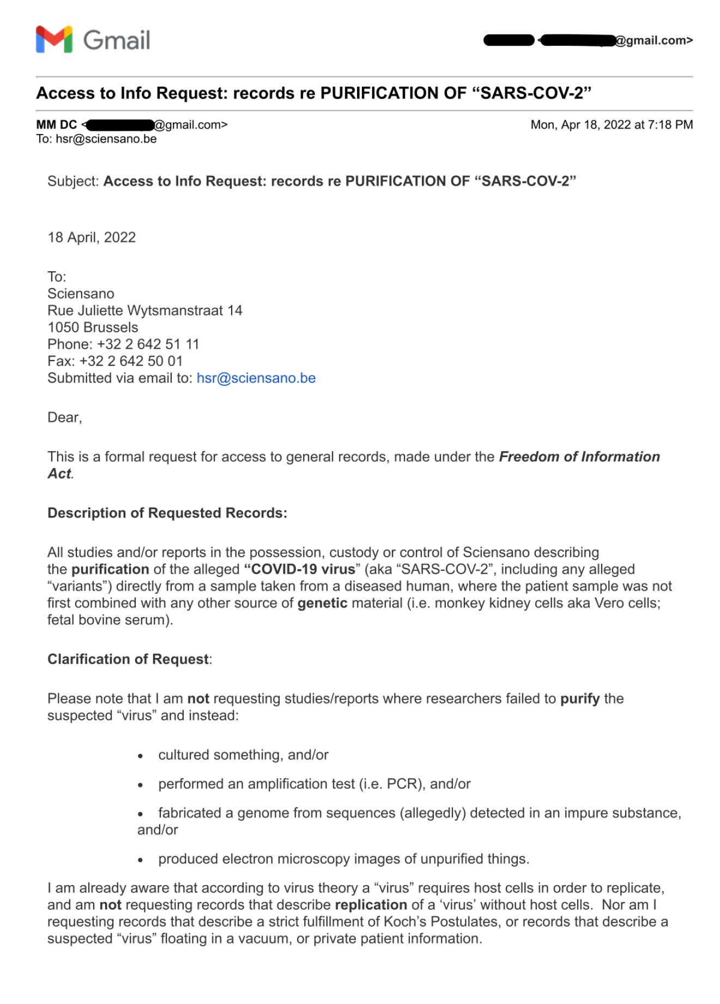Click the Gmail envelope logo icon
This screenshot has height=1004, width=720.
pyautogui.click(x=54, y=40)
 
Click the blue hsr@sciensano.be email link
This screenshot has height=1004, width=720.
pyautogui.click(x=256, y=378)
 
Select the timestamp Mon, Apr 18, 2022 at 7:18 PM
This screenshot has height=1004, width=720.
pyautogui.click(x=612, y=125)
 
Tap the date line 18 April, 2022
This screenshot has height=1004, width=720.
pyautogui.click(x=92, y=238)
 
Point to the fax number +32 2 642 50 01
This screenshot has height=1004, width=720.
pyautogui.click(x=131, y=361)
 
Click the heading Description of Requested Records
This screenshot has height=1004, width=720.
pyautogui.click(x=167, y=513)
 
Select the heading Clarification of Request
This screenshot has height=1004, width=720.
pyautogui.click(x=128, y=659)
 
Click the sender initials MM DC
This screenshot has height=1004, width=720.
pyautogui.click(x=56, y=125)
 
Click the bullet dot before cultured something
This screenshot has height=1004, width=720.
pyautogui.click(x=141, y=756)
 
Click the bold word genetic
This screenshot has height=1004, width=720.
pyautogui.click(x=322, y=603)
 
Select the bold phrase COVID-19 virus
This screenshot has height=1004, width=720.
pyautogui.click(x=300, y=569)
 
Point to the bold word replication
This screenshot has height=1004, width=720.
pyautogui.click(x=371, y=905)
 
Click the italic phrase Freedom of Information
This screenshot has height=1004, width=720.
pyautogui.click(x=579, y=457)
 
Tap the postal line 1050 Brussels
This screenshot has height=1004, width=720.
pyautogui.click(x=93, y=327)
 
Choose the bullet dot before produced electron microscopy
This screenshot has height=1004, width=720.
pyautogui.click(x=141, y=860)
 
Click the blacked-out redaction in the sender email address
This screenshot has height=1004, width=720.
pyautogui.click(x=120, y=125)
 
